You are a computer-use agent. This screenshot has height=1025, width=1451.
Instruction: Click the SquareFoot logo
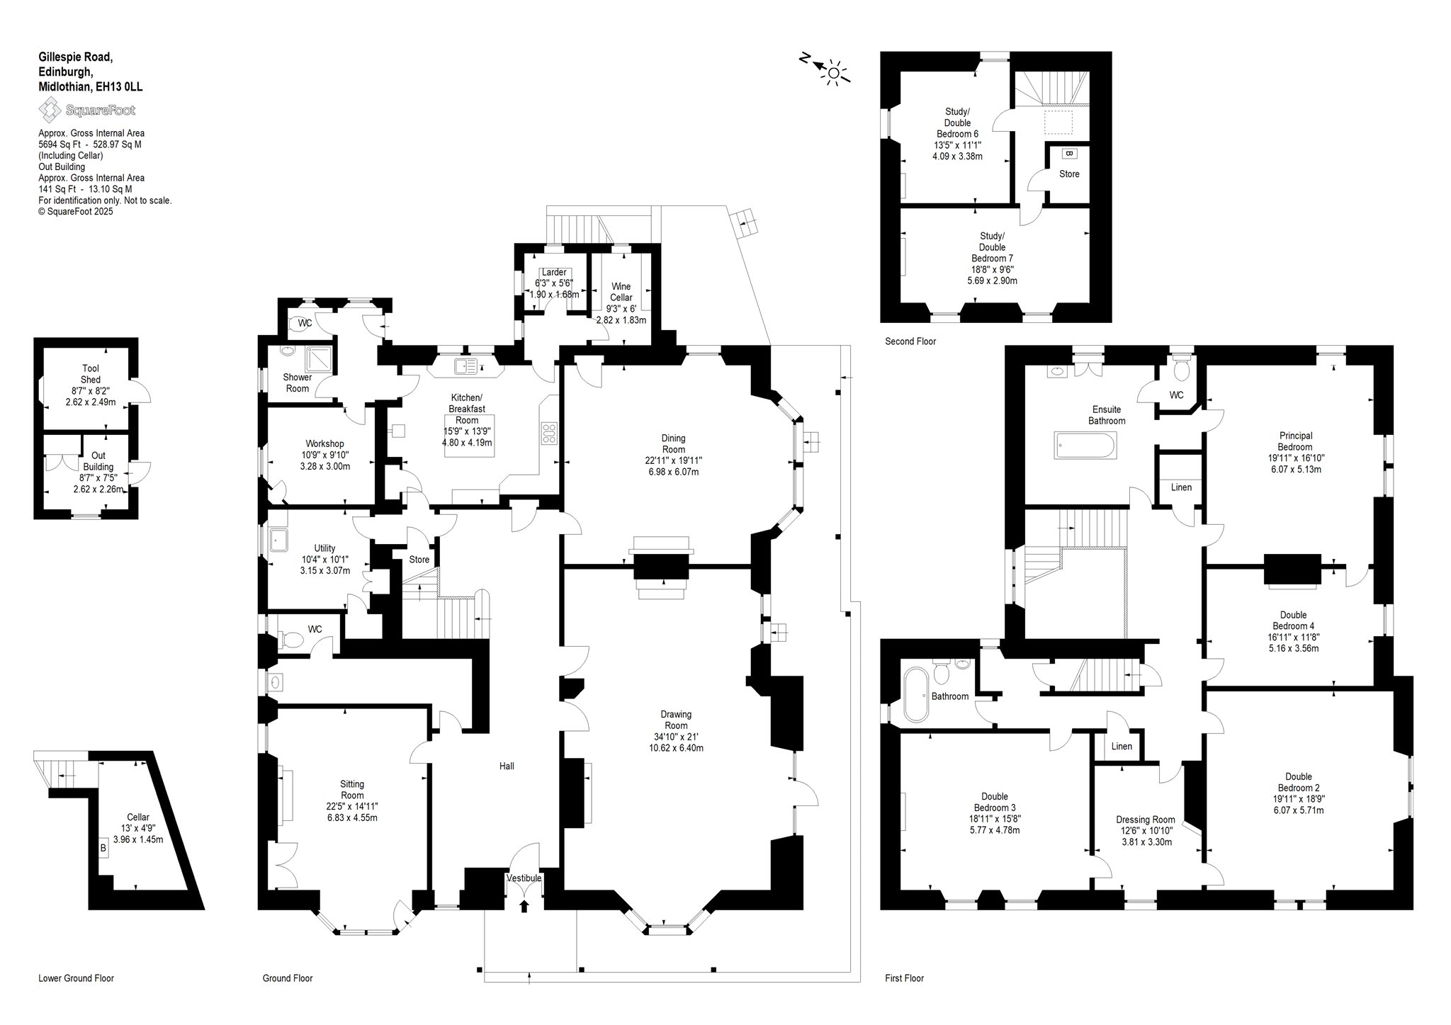[x=86, y=110]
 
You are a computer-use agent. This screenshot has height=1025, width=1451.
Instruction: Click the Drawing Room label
[x=676, y=720]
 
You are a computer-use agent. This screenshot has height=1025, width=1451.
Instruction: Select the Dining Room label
[x=673, y=443]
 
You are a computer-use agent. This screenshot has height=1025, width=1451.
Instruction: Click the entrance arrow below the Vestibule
[x=524, y=906]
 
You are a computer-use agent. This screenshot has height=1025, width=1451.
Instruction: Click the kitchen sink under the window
[x=468, y=366]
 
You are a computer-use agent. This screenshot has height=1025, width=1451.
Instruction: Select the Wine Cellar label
[x=621, y=292]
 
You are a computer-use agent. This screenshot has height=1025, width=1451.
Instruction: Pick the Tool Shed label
[x=91, y=374]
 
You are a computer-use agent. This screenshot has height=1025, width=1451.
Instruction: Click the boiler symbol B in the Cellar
[x=103, y=847]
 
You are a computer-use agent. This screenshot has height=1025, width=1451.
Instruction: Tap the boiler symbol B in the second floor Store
[x=1069, y=153]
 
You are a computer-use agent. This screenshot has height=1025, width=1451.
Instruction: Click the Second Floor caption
[x=910, y=341]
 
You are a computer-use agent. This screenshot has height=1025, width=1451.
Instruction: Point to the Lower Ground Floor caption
[x=76, y=978]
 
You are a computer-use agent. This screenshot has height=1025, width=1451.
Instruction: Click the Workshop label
[x=324, y=444]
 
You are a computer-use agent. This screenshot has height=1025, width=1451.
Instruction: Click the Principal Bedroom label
[x=1295, y=441]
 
